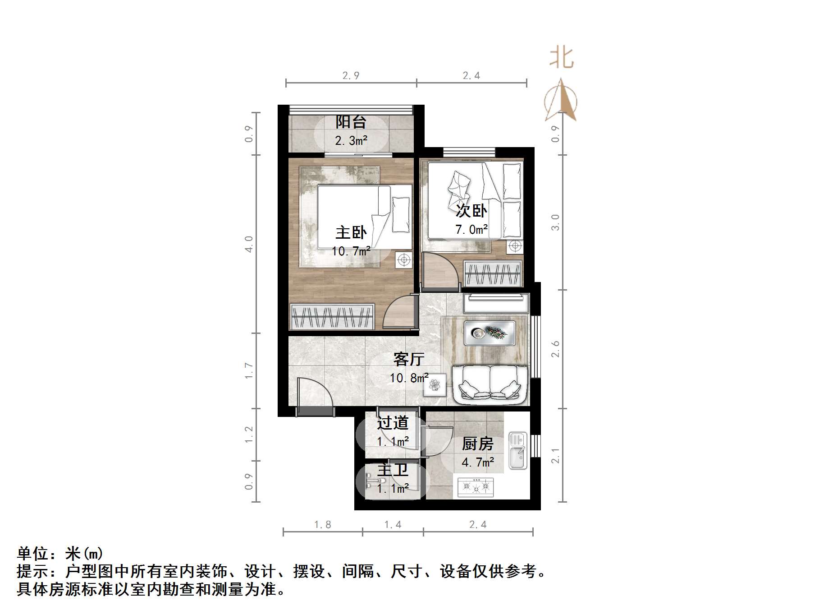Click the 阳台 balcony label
351,122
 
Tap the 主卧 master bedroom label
351,233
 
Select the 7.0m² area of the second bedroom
471,230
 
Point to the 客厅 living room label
409,359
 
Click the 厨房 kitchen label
477,444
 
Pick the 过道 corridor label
393,423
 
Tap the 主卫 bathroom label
393,470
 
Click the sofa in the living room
490,384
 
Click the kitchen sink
518,450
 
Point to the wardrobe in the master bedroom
333,316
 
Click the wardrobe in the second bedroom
493,274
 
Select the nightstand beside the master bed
404,260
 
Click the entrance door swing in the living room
314,393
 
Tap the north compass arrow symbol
561,101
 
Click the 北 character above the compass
561,58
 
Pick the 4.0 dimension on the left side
249,244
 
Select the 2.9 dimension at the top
351,76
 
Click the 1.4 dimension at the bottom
393,524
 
